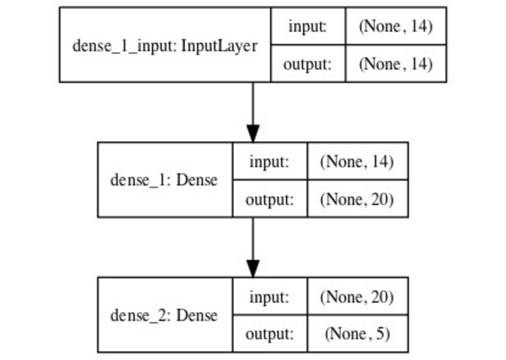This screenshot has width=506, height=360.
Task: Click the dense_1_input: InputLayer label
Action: pyautogui.click(x=165, y=45)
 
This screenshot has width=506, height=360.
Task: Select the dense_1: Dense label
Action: pyautogui.click(x=163, y=179)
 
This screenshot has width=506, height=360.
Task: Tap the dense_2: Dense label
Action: pyautogui.click(x=163, y=315)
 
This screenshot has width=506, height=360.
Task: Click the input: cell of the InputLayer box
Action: pyautogui.click(x=307, y=27)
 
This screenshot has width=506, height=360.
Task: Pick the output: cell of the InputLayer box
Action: pyautogui.click(x=307, y=64)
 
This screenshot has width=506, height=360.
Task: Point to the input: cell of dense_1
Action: pyautogui.click(x=269, y=162)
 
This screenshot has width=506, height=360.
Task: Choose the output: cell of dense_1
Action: pyautogui.click(x=269, y=199)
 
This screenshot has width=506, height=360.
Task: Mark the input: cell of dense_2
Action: pyautogui.click(x=269, y=297)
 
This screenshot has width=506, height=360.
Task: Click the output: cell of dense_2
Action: pyautogui.click(x=269, y=334)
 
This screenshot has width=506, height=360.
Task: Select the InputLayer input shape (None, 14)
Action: pyautogui.click(x=395, y=27)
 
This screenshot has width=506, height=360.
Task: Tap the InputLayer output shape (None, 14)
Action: pyautogui.click(x=395, y=64)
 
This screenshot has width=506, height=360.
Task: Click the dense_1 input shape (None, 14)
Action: pyautogui.click(x=357, y=162)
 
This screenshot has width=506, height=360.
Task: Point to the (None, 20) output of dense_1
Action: pyautogui.click(x=357, y=199)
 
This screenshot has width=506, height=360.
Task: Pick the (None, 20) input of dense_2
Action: pyautogui.click(x=357, y=297)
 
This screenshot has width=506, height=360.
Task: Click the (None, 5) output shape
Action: pyautogui.click(x=357, y=334)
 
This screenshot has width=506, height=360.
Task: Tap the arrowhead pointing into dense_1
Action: pyautogui.click(x=253, y=134)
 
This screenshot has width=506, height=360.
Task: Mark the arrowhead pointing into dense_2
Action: pyautogui.click(x=253, y=269)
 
